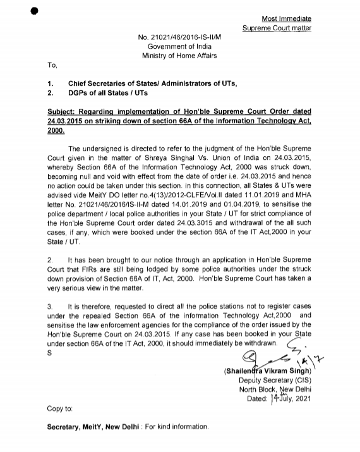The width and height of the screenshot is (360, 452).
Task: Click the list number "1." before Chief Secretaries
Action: [x=50, y=83]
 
